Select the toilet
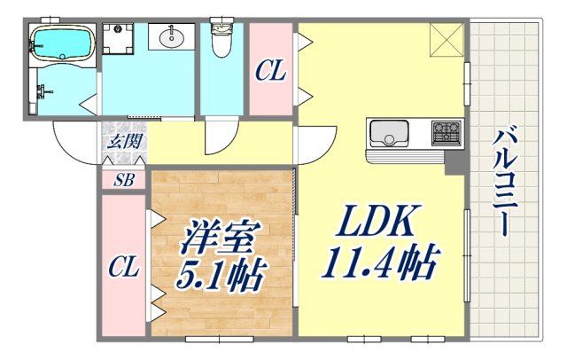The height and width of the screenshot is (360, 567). tap(221, 38)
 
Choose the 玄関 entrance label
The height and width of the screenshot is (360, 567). tap(121, 140)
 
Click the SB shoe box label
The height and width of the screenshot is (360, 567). tap(122, 180)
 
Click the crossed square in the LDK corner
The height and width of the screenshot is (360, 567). tap(448, 40)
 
